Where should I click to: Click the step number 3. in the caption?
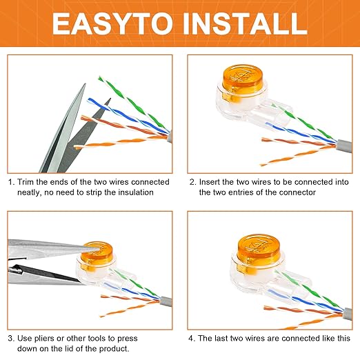pos(11,339)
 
